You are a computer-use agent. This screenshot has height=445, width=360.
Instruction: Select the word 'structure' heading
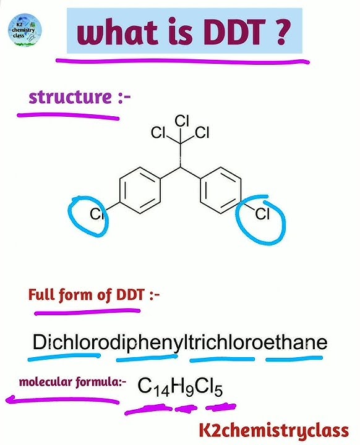coord(70,97)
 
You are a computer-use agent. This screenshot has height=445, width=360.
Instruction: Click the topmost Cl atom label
coord(182,121)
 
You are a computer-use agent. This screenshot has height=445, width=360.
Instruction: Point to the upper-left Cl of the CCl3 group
coord(158,132)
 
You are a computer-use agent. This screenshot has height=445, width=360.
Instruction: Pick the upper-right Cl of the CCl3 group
coord(202,132)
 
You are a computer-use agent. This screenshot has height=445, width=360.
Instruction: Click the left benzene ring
coord(140,190)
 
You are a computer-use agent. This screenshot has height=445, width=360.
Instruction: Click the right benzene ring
coord(220,190)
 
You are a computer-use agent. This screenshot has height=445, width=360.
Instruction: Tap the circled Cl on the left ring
coord(96,214)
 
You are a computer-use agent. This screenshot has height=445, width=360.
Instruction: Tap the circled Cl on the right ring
coord(262,214)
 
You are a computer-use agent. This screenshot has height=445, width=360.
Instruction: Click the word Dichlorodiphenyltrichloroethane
coord(180,343)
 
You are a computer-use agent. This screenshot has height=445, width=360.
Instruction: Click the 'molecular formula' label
coord(72,382)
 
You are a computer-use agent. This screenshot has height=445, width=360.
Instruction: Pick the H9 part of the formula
coord(182,386)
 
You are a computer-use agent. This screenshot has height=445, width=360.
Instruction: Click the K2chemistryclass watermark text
coord(274,430)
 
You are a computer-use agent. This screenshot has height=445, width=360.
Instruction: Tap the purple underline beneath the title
coord(182,61)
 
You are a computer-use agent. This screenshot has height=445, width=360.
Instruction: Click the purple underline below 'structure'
coord(68,116)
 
